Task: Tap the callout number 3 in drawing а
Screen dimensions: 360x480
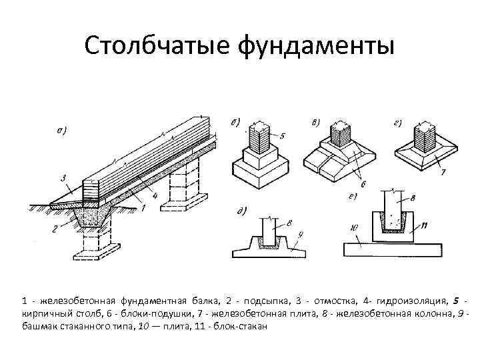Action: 62,178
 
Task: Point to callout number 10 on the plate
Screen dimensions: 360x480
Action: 356,228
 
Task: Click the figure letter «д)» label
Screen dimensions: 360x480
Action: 241,212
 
